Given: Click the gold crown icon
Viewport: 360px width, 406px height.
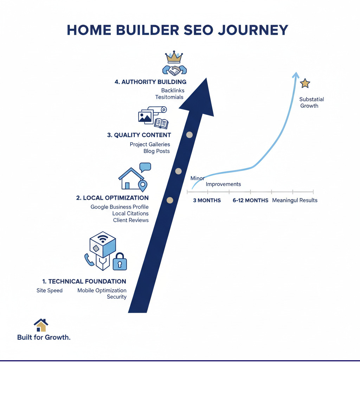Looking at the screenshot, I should (x=175, y=56).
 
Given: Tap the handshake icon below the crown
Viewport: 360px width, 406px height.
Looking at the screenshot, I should (x=174, y=70).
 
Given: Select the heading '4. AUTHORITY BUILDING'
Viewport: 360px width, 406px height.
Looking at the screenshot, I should (x=150, y=82).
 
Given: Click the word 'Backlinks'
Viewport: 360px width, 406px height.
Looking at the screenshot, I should (x=173, y=91).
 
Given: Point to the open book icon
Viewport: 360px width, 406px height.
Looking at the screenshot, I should (x=161, y=123).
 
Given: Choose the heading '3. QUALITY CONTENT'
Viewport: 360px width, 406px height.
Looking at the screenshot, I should (x=139, y=135).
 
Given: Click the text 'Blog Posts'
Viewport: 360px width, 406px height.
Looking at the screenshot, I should (x=156, y=151).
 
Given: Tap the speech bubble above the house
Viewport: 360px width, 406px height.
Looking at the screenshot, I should (x=145, y=167).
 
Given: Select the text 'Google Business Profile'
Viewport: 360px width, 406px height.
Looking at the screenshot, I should (x=120, y=207).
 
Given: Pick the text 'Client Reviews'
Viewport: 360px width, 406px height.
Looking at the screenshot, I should (x=131, y=220).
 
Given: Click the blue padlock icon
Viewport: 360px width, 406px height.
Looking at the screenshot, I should (x=120, y=262).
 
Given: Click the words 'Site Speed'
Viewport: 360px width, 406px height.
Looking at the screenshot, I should (x=50, y=291).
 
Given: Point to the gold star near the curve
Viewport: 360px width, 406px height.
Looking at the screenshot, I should (x=305, y=83).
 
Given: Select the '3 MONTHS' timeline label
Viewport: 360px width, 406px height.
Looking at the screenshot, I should (x=207, y=201).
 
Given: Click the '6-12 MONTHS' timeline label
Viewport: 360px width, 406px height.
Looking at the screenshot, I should (x=250, y=201).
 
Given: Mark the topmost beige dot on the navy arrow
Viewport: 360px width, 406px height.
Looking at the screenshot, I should (x=189, y=134).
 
